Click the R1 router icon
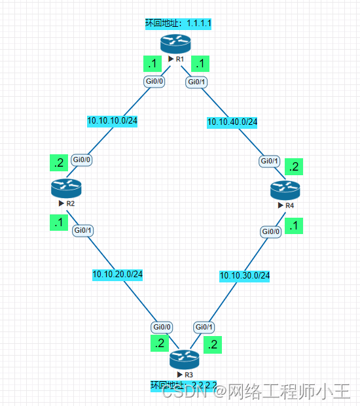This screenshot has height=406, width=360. [175, 44]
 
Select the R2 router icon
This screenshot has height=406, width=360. [65, 188]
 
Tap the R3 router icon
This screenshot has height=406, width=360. [184, 358]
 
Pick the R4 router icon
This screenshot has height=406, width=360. [285, 190]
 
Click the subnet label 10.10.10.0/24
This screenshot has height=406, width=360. [112, 121]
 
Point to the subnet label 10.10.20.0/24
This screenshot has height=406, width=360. [118, 275]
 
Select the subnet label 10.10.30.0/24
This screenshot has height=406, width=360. [244, 275]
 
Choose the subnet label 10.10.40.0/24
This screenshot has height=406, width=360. [232, 122]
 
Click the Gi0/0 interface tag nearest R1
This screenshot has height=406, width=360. [155, 82]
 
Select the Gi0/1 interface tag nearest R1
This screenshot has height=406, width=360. [196, 82]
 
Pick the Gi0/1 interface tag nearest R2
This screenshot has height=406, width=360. [82, 230]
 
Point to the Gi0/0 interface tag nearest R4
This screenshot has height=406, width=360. [272, 231]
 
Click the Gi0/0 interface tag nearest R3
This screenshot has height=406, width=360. [162, 327]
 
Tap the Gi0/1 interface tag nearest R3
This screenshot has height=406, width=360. [204, 327]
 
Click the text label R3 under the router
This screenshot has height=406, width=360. [188, 375]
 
